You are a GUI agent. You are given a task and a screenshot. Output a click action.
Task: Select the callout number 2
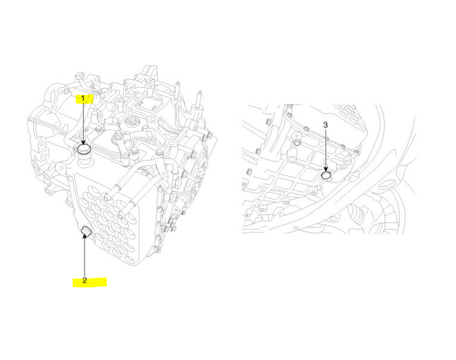tap(84, 281)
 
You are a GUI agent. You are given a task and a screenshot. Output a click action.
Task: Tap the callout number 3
tap(325, 125)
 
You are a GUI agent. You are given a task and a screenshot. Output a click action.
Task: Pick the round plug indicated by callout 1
tap(84, 150)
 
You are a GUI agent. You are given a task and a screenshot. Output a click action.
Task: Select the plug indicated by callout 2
tap(86, 230)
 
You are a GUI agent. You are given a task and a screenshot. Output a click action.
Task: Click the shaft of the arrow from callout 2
tap(84, 257)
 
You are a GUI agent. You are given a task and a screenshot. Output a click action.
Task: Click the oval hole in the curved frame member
tap(388, 184)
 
